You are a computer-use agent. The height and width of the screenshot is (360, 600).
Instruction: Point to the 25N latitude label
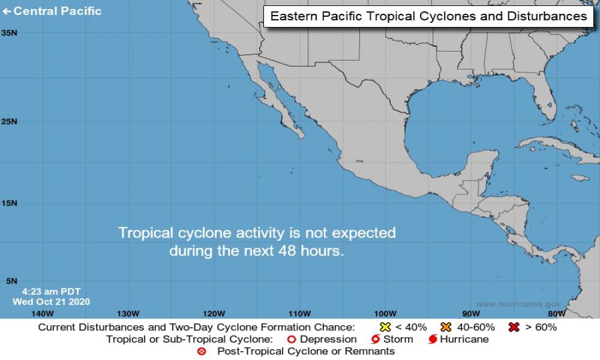coord(9,121)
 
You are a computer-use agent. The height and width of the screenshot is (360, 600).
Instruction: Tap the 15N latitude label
coord(9,203)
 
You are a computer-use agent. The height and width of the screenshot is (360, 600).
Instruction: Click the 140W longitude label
coord(42,313)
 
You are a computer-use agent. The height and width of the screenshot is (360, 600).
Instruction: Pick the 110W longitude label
coord(299,313)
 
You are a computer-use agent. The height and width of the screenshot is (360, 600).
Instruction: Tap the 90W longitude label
coord(471,313)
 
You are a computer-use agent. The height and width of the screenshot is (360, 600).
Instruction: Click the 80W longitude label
coord(556,313)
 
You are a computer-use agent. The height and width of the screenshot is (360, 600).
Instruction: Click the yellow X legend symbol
coord(385,327)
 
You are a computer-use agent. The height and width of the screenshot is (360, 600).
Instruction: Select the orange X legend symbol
coord(446,327)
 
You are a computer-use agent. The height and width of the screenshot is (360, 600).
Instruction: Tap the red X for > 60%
coord(514,327)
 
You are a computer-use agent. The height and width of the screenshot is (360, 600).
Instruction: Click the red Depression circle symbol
coord(292,339)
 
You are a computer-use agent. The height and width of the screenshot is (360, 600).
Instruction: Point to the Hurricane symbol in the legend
coord(433,340)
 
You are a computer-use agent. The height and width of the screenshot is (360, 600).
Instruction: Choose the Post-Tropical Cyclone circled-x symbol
coord(202,351)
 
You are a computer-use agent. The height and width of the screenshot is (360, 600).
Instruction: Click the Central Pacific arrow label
coord(52,11)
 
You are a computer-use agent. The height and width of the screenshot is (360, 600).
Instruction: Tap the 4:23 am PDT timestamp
coord(51,292)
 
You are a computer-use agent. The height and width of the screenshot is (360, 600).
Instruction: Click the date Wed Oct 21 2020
coord(51,302)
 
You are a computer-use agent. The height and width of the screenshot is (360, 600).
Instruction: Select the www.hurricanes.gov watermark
coord(518,304)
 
